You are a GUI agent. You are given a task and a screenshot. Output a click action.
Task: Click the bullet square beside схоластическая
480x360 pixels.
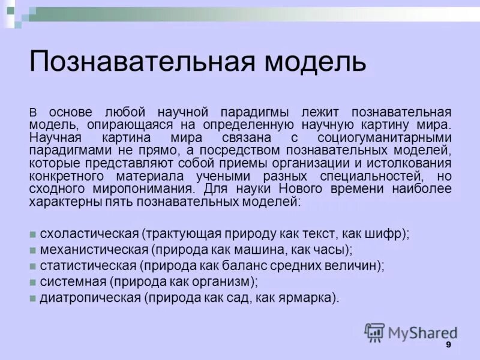(34, 234)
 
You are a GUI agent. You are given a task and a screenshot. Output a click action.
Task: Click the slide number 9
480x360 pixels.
(448, 346)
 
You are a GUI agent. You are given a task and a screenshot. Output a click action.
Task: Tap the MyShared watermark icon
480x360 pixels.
(375, 332)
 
